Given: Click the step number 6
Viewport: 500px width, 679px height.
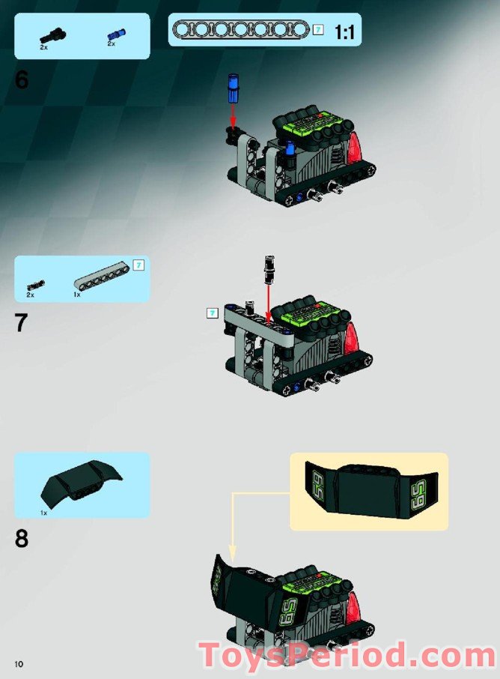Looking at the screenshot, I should click(22, 80).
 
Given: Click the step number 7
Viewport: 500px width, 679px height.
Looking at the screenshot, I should click(22, 323).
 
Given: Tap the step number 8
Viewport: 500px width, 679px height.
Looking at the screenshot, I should click(22, 538).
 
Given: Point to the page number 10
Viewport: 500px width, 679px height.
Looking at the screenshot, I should click(19, 663).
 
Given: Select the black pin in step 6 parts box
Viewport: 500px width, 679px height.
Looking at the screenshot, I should click(53, 33).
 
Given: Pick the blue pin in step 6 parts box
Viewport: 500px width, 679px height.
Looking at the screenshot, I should click(116, 34).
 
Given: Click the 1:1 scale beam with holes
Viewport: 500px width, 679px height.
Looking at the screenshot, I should click(240, 30).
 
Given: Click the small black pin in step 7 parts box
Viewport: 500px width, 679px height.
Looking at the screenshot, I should click(35, 285).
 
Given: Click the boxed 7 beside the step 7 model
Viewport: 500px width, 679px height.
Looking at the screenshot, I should click(213, 313).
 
